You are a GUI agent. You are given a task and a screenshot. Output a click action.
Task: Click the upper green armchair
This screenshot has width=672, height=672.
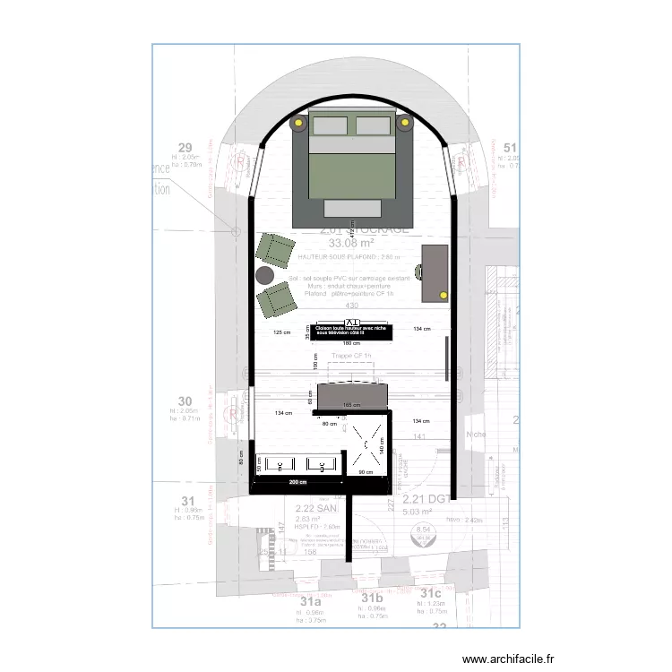(x=276, y=248)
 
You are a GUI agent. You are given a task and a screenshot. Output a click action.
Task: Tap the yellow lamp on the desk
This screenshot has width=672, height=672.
(x=443, y=293)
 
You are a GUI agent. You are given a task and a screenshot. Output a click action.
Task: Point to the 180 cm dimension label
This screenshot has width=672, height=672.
(x=351, y=343)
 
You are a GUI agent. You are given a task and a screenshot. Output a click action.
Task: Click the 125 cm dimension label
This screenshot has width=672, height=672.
(x=281, y=332)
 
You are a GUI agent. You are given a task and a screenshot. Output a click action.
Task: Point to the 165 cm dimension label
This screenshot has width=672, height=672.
(x=351, y=406)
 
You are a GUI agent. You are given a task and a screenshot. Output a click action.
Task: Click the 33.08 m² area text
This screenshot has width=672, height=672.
(x=351, y=242)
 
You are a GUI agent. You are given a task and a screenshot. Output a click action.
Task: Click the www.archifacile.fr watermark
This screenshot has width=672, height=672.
(x=509, y=659)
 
